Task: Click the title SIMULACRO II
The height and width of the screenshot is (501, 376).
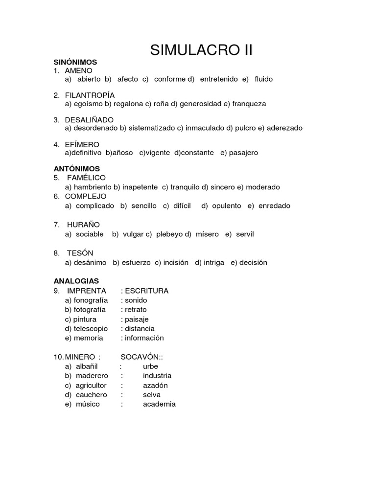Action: click(201, 50)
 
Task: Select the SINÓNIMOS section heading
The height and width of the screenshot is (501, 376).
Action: click(75, 62)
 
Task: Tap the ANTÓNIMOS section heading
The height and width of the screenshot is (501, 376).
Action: click(77, 169)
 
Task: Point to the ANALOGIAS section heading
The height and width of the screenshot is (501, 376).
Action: click(76, 281)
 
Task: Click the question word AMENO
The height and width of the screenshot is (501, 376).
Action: click(78, 71)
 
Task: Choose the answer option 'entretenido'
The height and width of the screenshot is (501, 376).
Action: click(219, 79)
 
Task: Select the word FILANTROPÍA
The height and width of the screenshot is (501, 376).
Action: click(90, 95)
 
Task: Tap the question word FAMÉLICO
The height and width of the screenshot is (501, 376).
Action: click(87, 178)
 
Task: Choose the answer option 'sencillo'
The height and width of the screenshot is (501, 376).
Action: click(144, 206)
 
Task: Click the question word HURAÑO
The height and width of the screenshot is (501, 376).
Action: click(84, 225)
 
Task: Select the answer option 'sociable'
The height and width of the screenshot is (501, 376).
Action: click(90, 234)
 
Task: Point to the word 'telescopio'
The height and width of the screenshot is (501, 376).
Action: click(91, 329)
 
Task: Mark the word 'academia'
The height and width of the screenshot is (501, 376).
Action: click(159, 404)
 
